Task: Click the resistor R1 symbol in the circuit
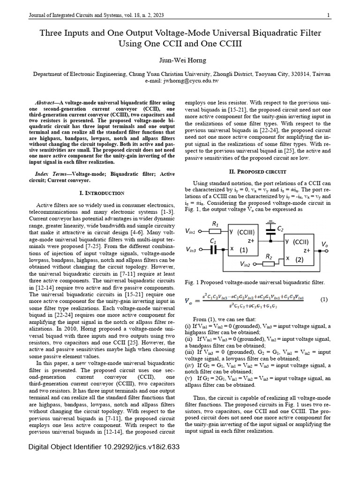[x=216, y=231]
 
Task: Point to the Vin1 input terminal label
[x=192, y=231]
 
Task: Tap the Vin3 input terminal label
[x=192, y=249]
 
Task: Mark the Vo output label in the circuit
[x=324, y=244]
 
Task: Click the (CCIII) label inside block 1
[x=246, y=232]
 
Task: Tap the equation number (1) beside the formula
[x=324, y=299]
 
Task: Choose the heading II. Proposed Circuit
[x=255, y=172]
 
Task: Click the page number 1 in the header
[x=329, y=15]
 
